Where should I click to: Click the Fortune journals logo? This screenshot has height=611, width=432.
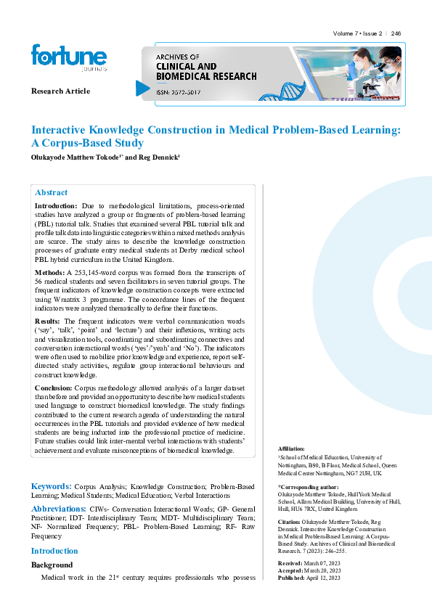68,58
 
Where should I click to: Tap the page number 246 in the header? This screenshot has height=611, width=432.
396,33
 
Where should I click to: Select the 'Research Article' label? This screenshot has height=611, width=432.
60,91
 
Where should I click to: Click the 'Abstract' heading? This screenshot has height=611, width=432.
52,192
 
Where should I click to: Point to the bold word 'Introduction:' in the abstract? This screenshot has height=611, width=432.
56,207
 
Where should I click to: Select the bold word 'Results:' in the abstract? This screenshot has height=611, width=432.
49,320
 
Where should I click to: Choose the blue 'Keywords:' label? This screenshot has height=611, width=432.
51,485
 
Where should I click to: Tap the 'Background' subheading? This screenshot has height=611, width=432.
52,565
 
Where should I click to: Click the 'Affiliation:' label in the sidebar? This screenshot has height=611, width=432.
292,449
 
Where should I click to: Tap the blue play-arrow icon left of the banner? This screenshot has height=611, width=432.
142,88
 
